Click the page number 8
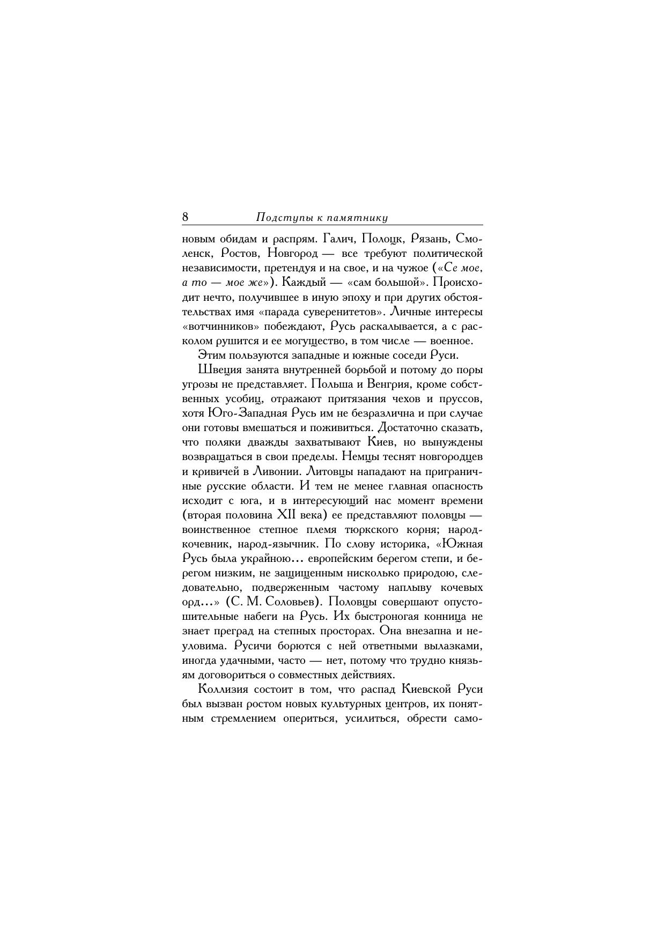pos(186,217)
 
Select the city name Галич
pos(338,238)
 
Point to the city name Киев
pos(381,442)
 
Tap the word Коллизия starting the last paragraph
pos(221,689)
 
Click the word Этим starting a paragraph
pos(211,355)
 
